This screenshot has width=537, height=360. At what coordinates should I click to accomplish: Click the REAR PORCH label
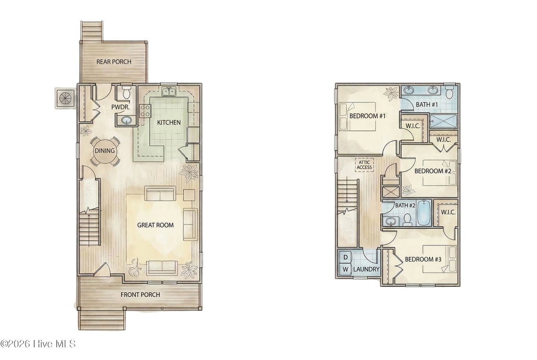click(113, 61)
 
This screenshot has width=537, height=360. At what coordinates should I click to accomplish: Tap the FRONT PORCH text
click(140, 294)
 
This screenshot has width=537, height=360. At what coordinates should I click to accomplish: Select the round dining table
click(105, 151)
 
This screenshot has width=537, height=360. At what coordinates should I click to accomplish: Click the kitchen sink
click(168, 92)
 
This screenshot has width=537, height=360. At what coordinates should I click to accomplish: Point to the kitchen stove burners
click(145, 111)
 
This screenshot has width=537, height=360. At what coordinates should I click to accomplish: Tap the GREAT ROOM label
click(155, 225)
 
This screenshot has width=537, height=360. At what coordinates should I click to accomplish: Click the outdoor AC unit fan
click(65, 98)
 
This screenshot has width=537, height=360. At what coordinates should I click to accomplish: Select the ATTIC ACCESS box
click(364, 165)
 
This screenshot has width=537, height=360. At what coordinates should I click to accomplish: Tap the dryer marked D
click(345, 257)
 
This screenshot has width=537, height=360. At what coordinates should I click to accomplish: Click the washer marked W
click(345, 269)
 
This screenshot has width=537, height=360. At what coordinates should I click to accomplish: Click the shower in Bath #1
click(443, 121)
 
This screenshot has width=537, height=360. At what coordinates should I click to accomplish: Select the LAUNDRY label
click(366, 269)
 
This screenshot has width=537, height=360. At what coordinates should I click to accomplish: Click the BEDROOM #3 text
click(423, 259)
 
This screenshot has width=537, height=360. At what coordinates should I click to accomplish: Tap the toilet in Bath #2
click(407, 219)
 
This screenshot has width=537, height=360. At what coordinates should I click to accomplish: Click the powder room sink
click(126, 120)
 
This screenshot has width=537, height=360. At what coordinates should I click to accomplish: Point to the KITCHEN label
click(168, 122)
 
